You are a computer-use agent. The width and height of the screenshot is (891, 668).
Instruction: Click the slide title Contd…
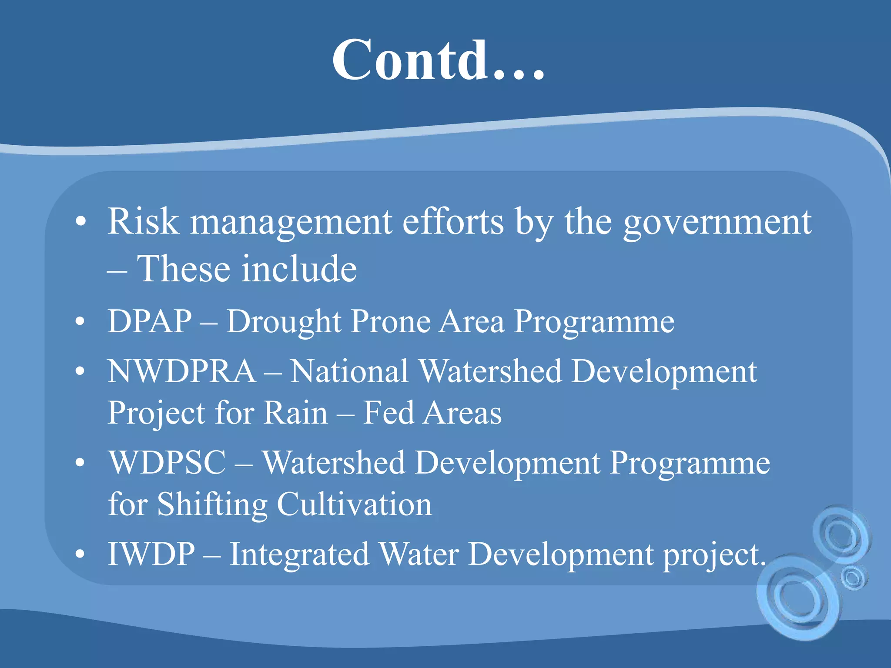tap(439, 60)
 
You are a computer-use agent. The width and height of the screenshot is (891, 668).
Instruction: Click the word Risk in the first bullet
tap(143, 222)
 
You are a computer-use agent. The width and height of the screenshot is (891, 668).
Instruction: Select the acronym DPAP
tap(150, 321)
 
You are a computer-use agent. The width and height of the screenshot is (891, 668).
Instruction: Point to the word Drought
tap(284, 322)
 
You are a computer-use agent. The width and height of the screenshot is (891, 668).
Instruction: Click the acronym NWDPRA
tap(182, 371)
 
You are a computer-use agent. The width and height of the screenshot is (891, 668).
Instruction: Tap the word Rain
tap(296, 413)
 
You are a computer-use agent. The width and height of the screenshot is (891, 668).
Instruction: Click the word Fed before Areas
tap(388, 413)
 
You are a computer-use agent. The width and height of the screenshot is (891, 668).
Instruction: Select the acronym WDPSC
tap(167, 463)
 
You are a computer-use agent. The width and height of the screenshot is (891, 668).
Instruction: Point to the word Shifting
tap(212, 504)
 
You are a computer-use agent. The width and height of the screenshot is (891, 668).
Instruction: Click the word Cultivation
tap(354, 504)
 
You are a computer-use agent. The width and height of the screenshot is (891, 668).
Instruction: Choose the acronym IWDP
tap(151, 554)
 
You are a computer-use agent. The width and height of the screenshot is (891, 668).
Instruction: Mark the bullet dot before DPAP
tap(80, 322)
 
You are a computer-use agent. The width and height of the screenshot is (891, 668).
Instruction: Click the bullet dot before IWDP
tap(80, 555)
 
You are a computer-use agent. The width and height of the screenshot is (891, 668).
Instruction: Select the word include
tap(299, 268)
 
